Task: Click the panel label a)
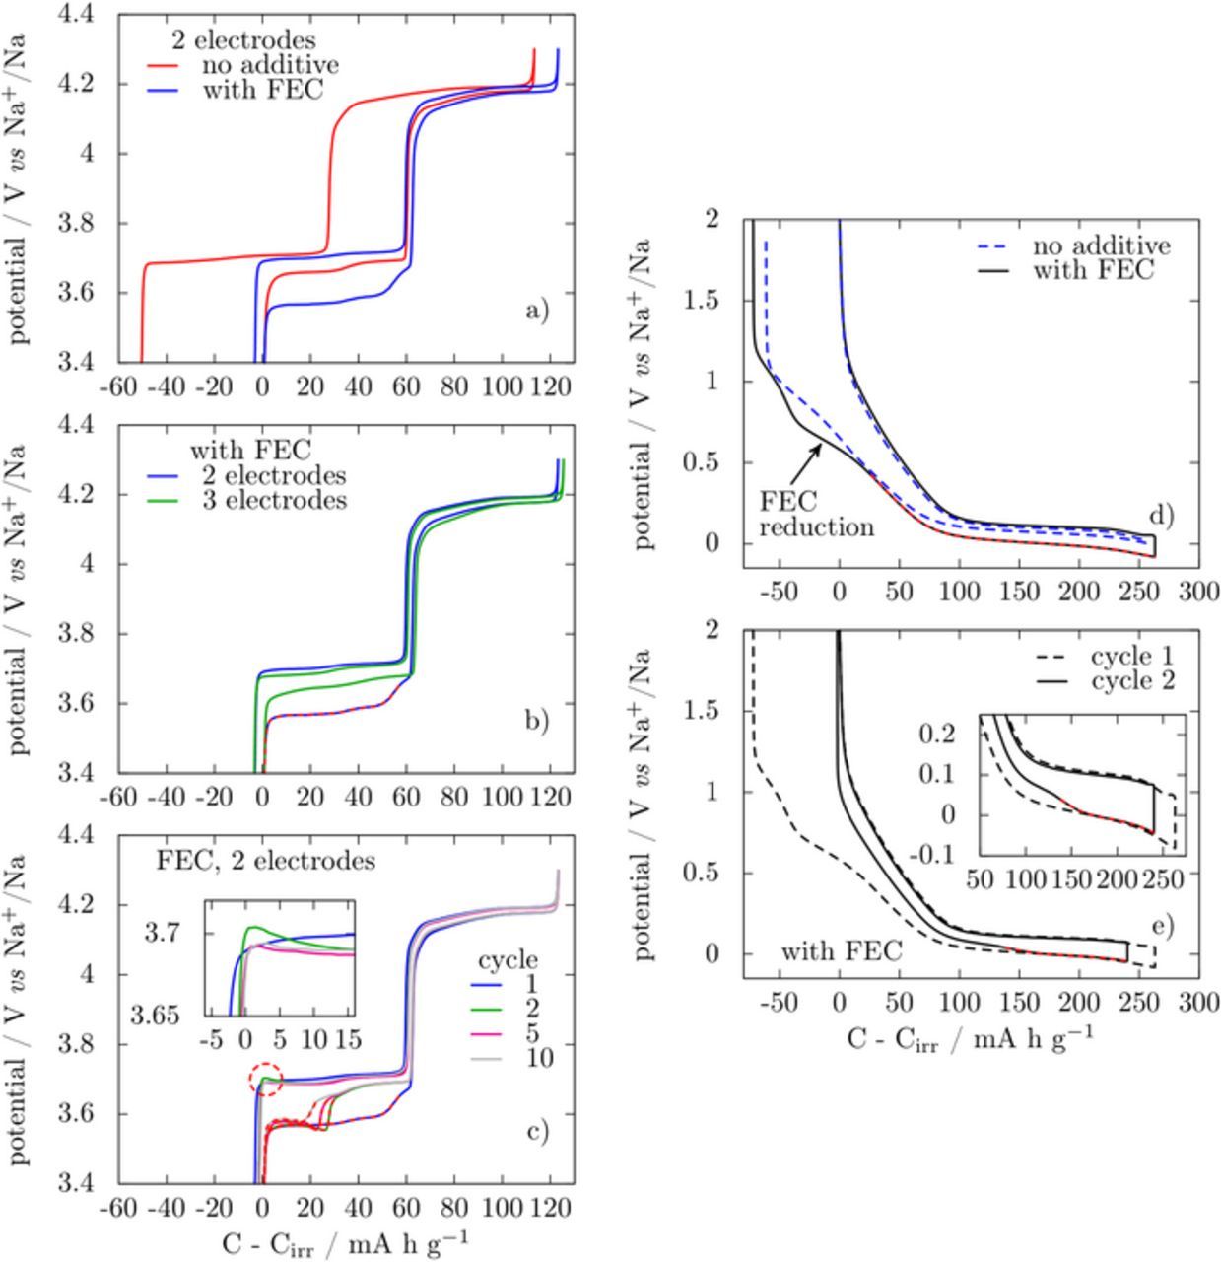pyautogui.click(x=537, y=312)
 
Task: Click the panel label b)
pyautogui.click(x=537, y=722)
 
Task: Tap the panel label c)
pyautogui.click(x=537, y=1131)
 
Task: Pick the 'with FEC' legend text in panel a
pyautogui.click(x=262, y=91)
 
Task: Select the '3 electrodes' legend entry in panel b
pyautogui.click(x=285, y=501)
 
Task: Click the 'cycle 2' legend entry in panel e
pyautogui.click(x=1132, y=681)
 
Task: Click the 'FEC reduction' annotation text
pyautogui.click(x=817, y=514)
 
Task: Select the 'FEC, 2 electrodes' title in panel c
pyautogui.click(x=266, y=861)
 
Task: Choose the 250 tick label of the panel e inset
pyautogui.click(x=1165, y=877)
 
